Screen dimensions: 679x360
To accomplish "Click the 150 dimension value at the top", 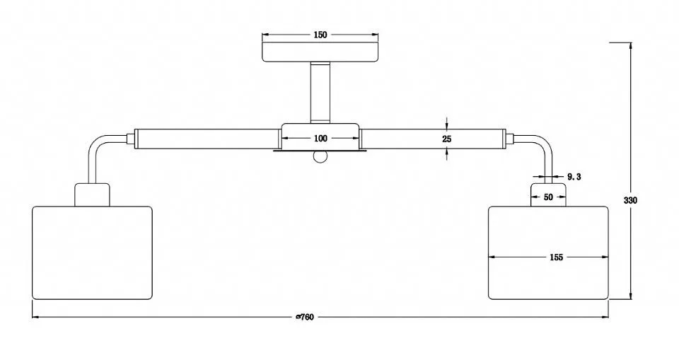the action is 320,35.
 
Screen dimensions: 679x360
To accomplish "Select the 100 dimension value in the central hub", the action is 320,139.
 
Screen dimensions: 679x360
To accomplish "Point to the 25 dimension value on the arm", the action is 447,139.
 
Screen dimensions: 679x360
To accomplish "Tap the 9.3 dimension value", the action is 574,177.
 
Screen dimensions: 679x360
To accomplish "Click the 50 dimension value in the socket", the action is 548,197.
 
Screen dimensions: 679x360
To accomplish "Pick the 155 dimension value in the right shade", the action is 557,257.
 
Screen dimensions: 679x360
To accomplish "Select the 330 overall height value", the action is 630,201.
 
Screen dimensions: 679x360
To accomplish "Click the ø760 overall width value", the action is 305,317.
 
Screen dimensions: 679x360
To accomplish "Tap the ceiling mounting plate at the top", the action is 320,52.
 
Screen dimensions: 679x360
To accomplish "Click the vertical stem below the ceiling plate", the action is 320,93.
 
